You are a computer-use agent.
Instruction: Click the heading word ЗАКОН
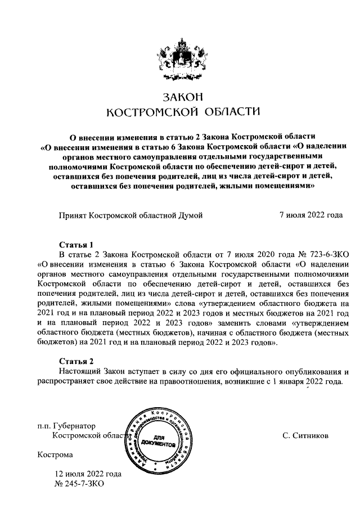pos(179,97)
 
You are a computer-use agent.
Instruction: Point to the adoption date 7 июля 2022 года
pos(311,215)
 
